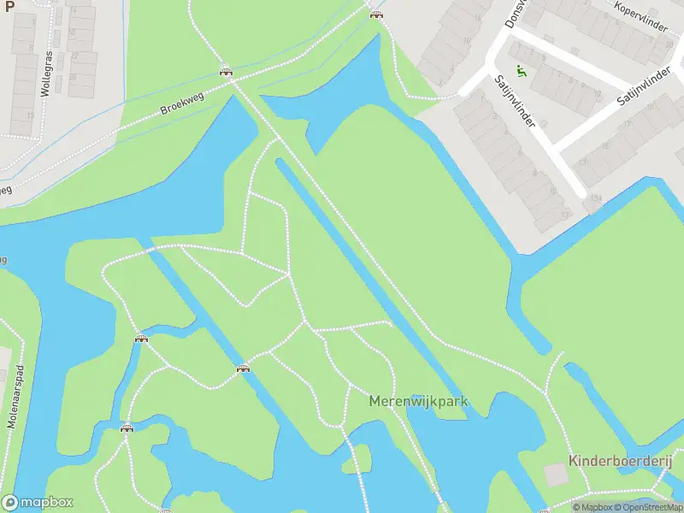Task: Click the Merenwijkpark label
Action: click(418, 401)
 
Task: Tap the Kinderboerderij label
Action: click(621, 462)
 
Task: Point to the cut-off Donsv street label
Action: click(515, 15)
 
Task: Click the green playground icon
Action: click(521, 71)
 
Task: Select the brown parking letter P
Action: click(9, 5)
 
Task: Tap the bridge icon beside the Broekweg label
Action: click(227, 72)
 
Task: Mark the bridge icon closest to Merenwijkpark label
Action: click(243, 369)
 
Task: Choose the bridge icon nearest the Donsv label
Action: click(375, 13)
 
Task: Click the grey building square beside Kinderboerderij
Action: click(557, 475)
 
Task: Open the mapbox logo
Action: click(38, 503)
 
